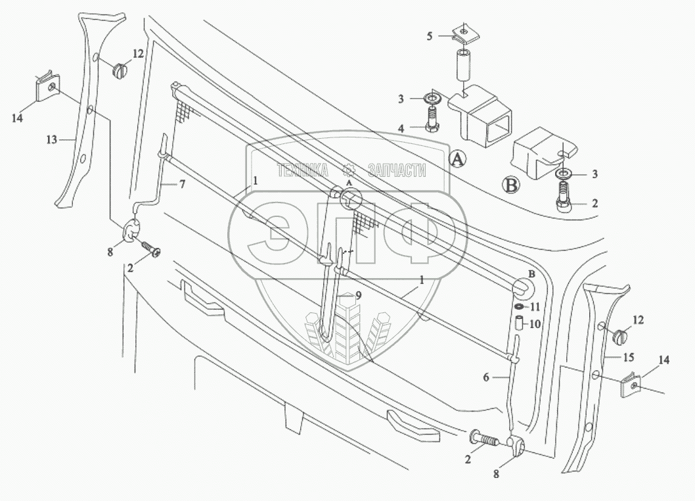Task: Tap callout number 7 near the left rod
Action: (182, 185)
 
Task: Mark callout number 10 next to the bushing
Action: (535, 323)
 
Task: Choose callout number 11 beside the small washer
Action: (535, 307)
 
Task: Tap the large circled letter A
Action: (458, 158)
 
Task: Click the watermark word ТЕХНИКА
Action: (303, 171)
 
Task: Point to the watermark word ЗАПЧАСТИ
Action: (397, 171)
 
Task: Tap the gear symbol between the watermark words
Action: (350, 170)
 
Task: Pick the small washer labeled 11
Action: (519, 307)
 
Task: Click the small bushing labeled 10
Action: (518, 323)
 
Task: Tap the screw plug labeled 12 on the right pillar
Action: (619, 336)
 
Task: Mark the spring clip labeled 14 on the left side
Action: (47, 87)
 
